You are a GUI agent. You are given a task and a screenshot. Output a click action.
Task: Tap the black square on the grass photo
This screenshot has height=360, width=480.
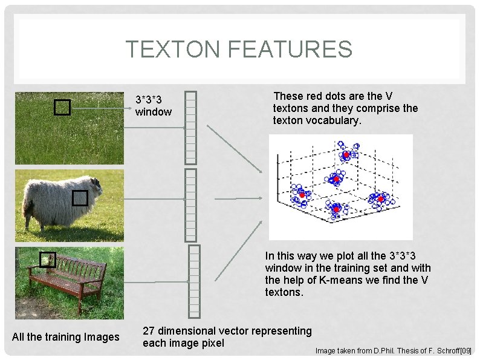point(62,108)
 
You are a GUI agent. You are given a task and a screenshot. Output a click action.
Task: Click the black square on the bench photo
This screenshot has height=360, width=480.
point(48,260)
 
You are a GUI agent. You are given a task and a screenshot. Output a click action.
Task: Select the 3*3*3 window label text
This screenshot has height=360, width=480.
point(153,105)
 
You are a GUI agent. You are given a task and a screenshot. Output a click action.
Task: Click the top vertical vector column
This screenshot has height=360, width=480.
point(191,126)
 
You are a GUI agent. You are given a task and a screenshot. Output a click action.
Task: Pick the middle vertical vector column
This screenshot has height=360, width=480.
point(191,205)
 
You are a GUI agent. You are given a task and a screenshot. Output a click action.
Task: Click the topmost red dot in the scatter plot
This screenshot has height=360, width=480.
point(346,155)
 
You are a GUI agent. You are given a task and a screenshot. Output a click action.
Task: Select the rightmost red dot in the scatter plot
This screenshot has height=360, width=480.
point(381,198)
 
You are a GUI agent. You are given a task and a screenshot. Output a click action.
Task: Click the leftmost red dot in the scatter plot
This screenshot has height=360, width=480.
point(302,195)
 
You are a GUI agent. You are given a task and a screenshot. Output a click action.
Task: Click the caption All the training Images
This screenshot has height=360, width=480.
point(66,337)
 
